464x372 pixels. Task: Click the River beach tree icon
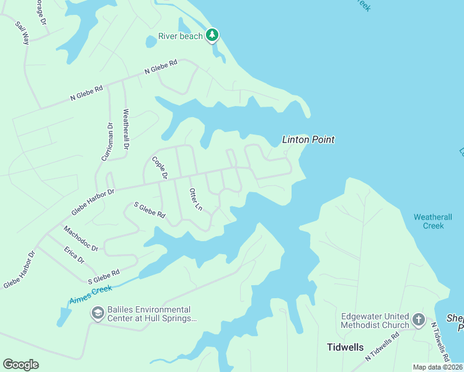coord(213,35)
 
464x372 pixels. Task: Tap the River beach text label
coord(181,36)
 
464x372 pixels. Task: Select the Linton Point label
coord(308,139)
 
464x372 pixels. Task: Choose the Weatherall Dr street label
coord(126,130)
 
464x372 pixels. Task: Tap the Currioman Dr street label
coord(106,142)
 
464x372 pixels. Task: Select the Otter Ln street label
coord(195,199)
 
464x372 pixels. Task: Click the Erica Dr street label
coord(74,254)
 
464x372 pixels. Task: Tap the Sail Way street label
coord(23,33)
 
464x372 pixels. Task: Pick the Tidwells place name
coord(345,347)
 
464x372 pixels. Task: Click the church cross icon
coord(419,320)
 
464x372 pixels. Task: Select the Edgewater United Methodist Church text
coord(375,320)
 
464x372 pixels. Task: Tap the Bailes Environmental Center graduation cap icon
coord(97,314)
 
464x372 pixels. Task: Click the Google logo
coord(20,365)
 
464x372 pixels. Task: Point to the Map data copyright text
coord(437,367)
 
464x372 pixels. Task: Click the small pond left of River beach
coord(151,42)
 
